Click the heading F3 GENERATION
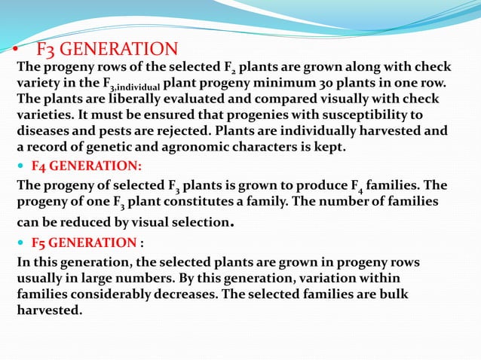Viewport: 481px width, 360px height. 107,50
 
